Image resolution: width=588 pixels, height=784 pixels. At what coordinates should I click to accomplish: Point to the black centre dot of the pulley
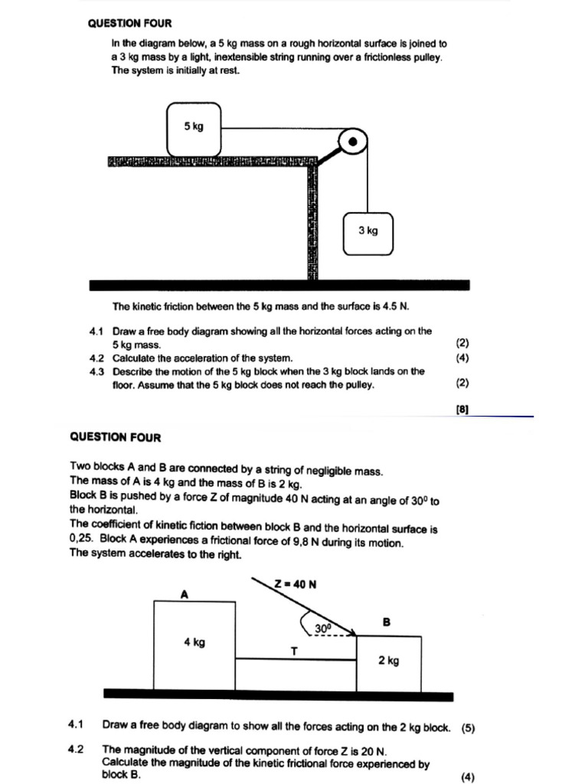[352, 142]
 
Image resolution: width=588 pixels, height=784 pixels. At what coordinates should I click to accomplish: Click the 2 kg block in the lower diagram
[389, 661]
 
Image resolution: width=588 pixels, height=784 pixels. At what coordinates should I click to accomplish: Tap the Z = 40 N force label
[296, 584]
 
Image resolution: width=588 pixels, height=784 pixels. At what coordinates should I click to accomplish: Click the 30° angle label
[324, 629]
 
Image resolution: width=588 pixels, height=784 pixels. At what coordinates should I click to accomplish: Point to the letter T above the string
[293, 651]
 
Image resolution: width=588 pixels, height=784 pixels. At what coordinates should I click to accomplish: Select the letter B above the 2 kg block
[387, 622]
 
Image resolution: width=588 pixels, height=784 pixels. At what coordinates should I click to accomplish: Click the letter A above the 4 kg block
[184, 593]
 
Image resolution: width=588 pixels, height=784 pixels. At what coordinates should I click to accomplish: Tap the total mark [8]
[462, 409]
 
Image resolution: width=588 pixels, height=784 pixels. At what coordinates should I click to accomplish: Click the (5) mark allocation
[469, 728]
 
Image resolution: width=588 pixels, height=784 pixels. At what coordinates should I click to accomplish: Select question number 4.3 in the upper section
[96, 371]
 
